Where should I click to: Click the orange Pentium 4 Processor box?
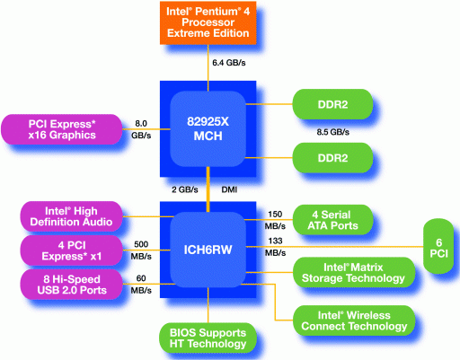click(x=208, y=23)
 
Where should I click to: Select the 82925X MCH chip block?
click(x=208, y=129)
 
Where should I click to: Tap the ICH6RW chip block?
click(x=208, y=250)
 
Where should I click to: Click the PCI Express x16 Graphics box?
click(x=62, y=129)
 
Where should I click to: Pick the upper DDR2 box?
click(x=332, y=104)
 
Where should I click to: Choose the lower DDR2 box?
click(x=332, y=158)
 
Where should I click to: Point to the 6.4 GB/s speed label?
click(x=229, y=63)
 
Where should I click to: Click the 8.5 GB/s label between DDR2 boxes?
click(x=333, y=132)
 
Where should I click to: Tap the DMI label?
click(x=229, y=189)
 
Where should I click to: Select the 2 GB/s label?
click(x=185, y=189)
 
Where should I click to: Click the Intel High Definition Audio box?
click(x=71, y=216)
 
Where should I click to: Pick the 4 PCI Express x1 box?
click(x=71, y=250)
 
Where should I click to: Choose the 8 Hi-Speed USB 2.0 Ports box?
click(x=71, y=285)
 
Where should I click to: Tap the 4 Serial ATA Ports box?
click(x=332, y=220)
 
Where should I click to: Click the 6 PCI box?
click(x=438, y=246)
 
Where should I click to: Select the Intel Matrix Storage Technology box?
click(x=354, y=272)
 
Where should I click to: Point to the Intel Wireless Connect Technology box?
click(x=354, y=320)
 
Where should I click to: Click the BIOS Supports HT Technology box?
click(x=208, y=338)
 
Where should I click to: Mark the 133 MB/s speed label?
click(x=275, y=247)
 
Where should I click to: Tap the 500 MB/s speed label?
click(x=141, y=250)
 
